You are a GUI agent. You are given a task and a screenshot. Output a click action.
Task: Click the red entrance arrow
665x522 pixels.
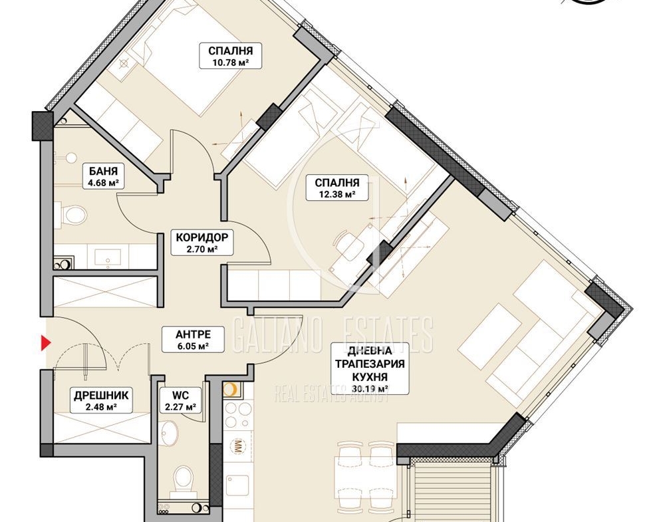pos(46,343)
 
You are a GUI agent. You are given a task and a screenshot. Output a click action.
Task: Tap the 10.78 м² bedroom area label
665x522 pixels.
pos(230,56)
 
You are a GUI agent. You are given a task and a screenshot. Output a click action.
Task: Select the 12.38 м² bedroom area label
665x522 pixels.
pos(337,188)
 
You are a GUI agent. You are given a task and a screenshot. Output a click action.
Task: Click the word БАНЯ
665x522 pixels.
pos(103,172)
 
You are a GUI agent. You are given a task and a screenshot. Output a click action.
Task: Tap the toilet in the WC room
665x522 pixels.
pos(184,481)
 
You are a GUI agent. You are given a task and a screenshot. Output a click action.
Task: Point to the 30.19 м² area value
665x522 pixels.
pos(370,388)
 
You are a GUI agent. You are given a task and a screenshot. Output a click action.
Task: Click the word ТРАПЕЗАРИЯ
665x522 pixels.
pos(370,364)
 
